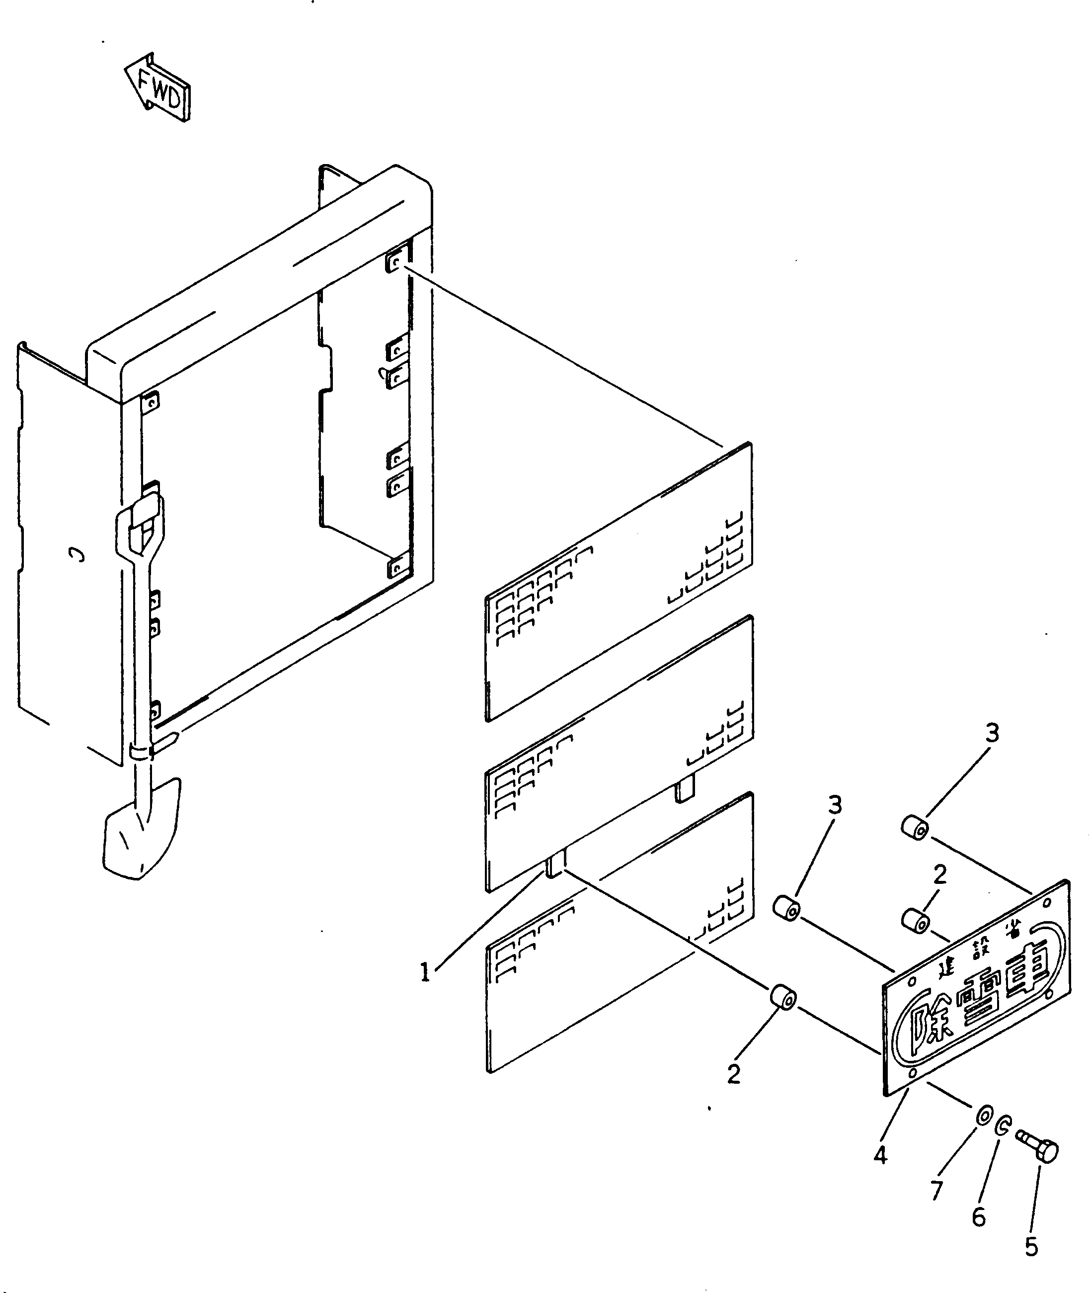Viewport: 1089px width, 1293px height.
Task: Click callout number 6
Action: point(979,1216)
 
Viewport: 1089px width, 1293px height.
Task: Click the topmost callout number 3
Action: point(992,733)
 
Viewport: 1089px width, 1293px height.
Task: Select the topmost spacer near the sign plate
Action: point(914,828)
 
